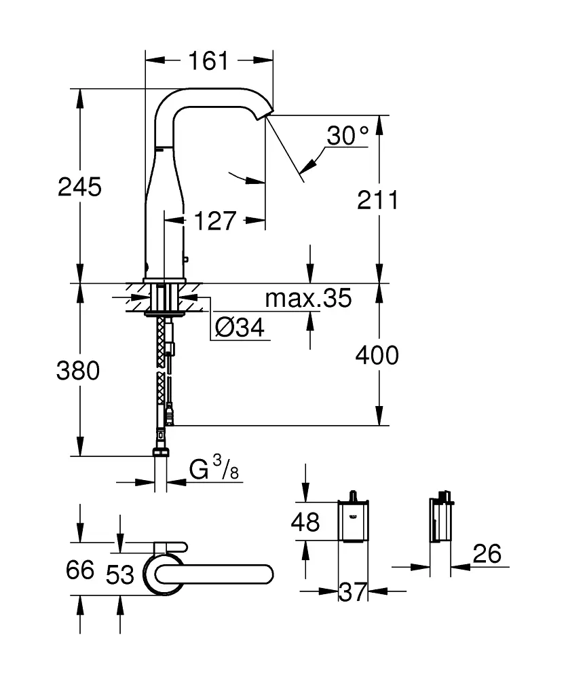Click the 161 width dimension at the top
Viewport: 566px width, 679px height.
pyautogui.click(x=208, y=60)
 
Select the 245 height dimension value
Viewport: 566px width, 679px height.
pyautogui.click(x=79, y=186)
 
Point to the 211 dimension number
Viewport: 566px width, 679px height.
pyautogui.click(x=377, y=200)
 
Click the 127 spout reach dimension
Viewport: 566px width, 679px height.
pyautogui.click(x=214, y=220)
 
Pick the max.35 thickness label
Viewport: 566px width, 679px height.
pyautogui.click(x=308, y=297)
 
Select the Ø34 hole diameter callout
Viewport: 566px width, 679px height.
pyautogui.click(x=239, y=329)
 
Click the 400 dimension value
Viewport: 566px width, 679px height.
pyautogui.click(x=377, y=354)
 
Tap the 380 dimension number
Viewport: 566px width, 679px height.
pyautogui.click(x=79, y=371)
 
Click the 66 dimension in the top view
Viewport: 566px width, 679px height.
pyautogui.click(x=79, y=570)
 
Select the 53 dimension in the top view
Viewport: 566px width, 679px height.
pyautogui.click(x=120, y=574)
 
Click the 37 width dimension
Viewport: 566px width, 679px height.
pyautogui.click(x=353, y=592)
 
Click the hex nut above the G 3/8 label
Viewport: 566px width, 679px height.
pyautogui.click(x=161, y=452)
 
